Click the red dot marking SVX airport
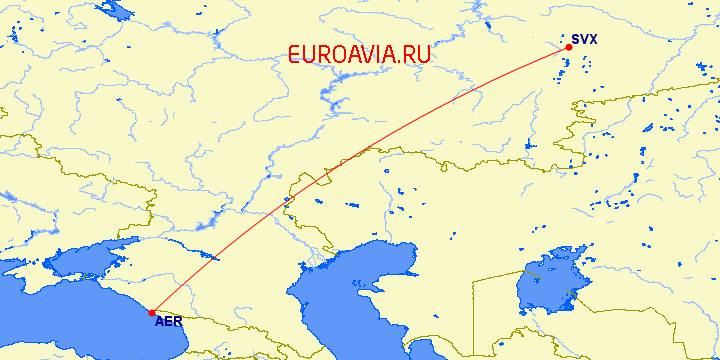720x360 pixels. [x=568, y=47]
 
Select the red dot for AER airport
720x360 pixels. [x=151, y=312]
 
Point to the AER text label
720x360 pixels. [x=168, y=322]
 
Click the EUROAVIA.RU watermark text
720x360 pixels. [x=360, y=55]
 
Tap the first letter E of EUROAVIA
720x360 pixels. [x=295, y=55]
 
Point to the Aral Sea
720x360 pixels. [x=545, y=290]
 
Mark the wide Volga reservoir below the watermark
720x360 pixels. [x=330, y=95]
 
